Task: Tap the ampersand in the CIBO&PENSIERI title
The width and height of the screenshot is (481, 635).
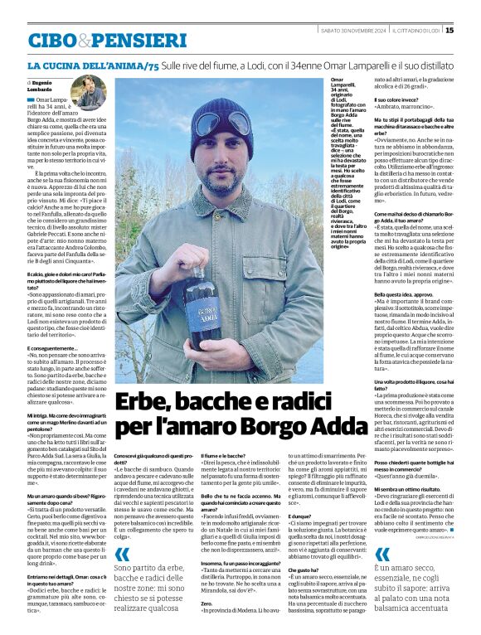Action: click(x=83, y=39)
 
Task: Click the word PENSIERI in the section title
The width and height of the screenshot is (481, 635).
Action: click(x=138, y=39)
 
